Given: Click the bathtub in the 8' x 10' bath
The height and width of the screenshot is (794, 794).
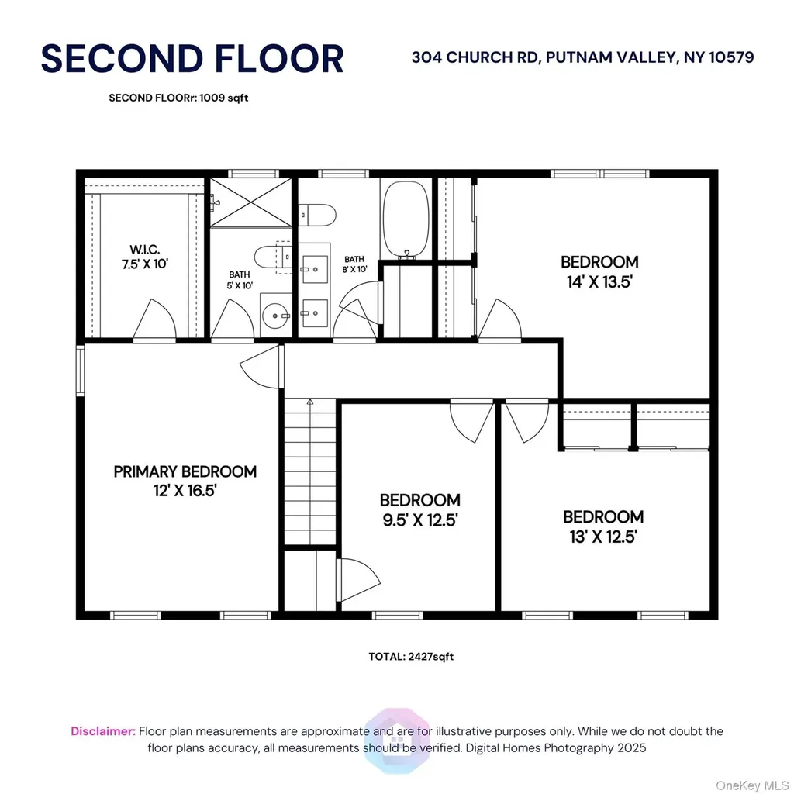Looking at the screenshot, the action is (x=406, y=219).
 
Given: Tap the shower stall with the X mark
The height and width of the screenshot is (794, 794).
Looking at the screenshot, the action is (x=250, y=202).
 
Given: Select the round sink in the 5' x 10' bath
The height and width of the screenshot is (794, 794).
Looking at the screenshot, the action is (x=275, y=316).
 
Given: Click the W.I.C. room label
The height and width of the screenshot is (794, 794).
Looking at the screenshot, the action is (x=145, y=249).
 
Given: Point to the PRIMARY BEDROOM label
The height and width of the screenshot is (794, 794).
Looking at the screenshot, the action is (x=185, y=471).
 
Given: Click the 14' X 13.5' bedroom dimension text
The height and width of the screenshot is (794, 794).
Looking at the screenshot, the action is (x=599, y=281).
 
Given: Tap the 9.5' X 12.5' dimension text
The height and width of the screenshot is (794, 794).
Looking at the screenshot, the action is (x=420, y=520).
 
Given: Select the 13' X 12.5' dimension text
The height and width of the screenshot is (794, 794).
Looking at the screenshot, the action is (x=603, y=537).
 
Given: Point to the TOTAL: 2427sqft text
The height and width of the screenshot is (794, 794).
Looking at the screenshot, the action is (x=411, y=657).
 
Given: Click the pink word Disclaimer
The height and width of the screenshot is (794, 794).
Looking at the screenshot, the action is (x=103, y=731).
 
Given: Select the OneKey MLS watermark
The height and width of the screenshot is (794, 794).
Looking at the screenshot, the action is (x=752, y=785).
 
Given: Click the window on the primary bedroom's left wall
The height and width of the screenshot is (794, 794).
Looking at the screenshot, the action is (x=80, y=370).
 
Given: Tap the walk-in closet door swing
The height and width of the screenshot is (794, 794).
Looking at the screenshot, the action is (x=154, y=319).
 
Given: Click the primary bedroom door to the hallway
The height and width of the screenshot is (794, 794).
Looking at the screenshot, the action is (x=260, y=366).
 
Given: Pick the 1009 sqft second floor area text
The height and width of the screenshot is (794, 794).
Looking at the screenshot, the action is (x=224, y=98).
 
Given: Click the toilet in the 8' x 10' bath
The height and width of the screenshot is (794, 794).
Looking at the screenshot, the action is (x=317, y=216).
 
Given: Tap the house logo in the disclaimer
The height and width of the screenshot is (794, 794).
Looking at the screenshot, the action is (x=397, y=740).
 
